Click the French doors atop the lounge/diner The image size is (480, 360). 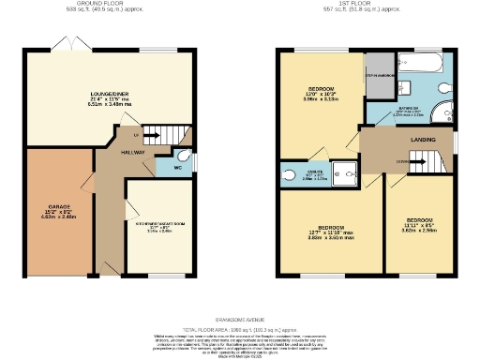click(68, 47)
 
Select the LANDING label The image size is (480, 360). click(423, 140)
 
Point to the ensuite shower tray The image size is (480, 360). click(346, 172)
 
